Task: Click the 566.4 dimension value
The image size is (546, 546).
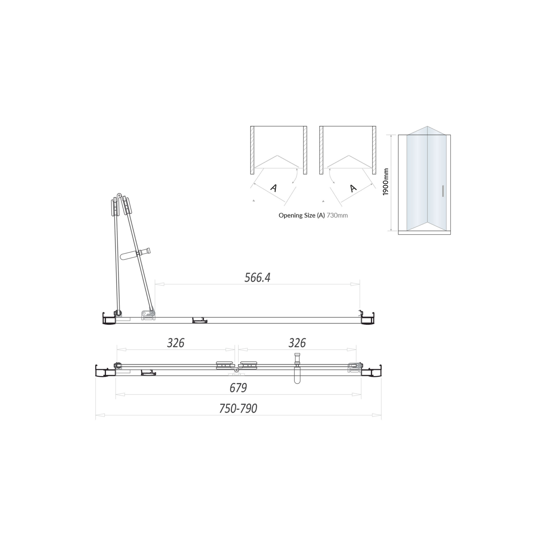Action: [257, 278]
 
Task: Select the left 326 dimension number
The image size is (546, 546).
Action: [176, 343]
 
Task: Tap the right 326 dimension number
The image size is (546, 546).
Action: [297, 343]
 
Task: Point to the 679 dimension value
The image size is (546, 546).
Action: [238, 388]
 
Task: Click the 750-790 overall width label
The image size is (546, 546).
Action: [238, 409]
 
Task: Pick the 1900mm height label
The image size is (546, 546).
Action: [385, 182]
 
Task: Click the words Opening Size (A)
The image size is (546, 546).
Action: [302, 215]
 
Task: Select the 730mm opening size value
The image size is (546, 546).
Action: [337, 215]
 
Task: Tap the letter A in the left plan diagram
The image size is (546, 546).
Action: [274, 187]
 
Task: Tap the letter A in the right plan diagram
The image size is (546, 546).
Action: [353, 188]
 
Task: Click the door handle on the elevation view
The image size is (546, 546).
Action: [442, 191]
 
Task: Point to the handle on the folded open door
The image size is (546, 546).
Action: [135, 254]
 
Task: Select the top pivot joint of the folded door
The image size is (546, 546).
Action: [119, 196]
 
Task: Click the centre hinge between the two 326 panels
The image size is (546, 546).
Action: [237, 370]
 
